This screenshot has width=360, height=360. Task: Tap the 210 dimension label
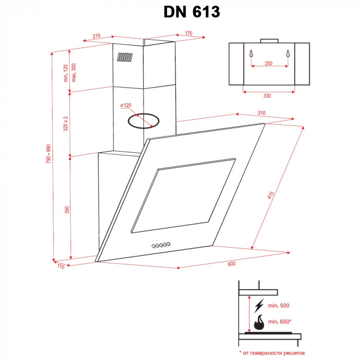pos(97,36)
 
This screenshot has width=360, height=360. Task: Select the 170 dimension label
pos(188,34)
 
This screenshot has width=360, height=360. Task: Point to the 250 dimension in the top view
pos(268,63)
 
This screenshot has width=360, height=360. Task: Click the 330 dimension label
pos(267,96)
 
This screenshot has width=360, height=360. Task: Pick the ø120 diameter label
pos(126,105)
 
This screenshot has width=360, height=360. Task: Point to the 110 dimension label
pos(61,266)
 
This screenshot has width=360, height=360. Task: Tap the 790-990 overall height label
pos(49,154)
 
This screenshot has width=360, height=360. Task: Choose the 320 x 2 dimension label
pos(66,124)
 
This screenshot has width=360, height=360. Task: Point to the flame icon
pos(258,322)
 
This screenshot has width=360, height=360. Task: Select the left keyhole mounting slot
pos(250,55)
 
